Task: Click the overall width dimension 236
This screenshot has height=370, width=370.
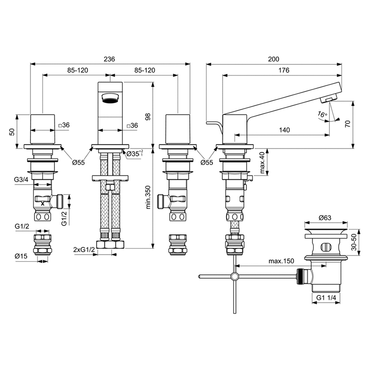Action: [x=110, y=59]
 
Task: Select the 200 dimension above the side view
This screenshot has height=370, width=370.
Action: [x=274, y=59]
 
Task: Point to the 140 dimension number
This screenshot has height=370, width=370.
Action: [x=285, y=130]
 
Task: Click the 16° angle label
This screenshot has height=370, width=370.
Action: [x=323, y=115]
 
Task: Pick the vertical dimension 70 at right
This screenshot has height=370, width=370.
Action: [x=347, y=124]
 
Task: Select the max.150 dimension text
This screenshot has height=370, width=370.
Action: [x=281, y=261]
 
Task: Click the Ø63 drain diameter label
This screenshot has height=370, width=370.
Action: [x=326, y=217]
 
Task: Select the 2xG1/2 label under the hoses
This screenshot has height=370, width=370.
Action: [x=83, y=249]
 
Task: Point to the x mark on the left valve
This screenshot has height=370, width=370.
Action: [x=43, y=203]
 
